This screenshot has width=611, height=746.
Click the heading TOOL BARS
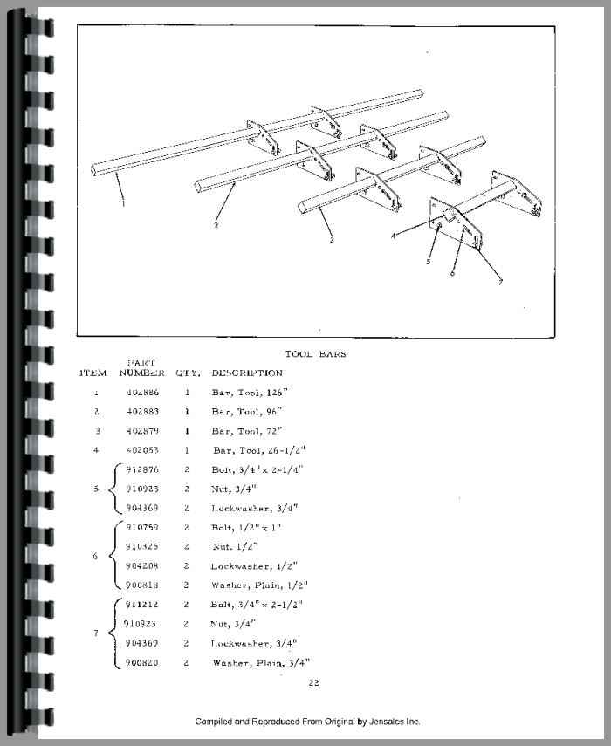pos(315,354)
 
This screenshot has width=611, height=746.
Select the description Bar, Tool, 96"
pos(247,411)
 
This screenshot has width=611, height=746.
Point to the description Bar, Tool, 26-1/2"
pos(259,450)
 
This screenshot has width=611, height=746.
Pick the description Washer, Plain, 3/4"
pos(260,662)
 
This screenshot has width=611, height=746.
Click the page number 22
pos(313,682)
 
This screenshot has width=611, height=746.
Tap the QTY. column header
pos(188,373)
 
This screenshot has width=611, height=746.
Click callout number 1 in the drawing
pos(123,203)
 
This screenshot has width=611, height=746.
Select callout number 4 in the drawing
pos(395,236)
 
